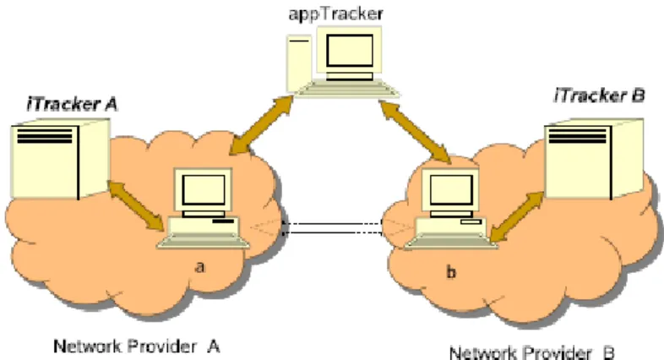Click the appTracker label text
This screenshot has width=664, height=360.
coord(335,14)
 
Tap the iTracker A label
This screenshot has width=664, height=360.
coord(72,104)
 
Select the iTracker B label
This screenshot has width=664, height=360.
coord(599,95)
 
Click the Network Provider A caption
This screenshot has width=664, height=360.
coord(136,346)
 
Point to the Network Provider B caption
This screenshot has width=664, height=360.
coord(531,352)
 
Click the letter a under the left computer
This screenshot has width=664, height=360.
coord(200,267)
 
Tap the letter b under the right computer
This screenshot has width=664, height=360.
coord(451,271)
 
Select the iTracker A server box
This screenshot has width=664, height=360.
coord(61,159)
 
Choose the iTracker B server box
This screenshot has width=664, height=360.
coord(594,159)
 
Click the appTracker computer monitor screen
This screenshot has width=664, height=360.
coord(350,51)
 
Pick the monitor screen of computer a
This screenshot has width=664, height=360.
coord(204,190)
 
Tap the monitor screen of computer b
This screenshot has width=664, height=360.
coord(451,190)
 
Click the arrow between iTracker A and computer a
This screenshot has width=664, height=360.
coord(136,206)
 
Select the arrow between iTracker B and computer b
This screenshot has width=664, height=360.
coord(517,217)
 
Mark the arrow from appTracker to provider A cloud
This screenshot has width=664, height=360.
coord(261,125)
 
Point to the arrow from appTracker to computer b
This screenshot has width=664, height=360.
coord(415,131)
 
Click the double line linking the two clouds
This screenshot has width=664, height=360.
coord(333,228)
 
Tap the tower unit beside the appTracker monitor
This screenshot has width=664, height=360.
coord(299,63)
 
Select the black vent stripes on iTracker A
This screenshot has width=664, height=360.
coord(45,135)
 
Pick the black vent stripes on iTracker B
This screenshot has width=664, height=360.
coord(577,135)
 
